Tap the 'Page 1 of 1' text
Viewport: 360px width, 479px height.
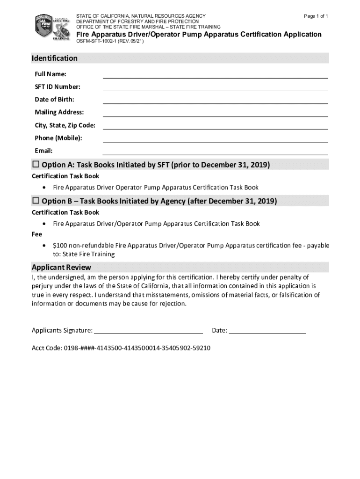[x=316, y=16]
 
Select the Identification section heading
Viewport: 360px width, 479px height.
[x=54, y=58]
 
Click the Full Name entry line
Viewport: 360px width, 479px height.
[x=215, y=75]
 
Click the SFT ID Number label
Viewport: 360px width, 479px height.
[x=58, y=87]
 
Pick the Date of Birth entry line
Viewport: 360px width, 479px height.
[x=215, y=101]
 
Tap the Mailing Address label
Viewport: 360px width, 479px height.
[x=59, y=112]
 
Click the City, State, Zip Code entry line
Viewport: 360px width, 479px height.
[x=215, y=126]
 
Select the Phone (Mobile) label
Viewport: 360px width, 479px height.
[x=58, y=138]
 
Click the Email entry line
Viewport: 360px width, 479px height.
[x=215, y=152]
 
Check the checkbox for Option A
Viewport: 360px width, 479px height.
[x=36, y=165]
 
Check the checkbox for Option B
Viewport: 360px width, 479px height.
[x=36, y=201]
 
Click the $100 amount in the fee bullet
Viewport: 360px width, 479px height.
[x=59, y=246]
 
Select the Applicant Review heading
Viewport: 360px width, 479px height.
[x=61, y=268]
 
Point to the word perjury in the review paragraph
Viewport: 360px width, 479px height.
[x=42, y=286]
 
